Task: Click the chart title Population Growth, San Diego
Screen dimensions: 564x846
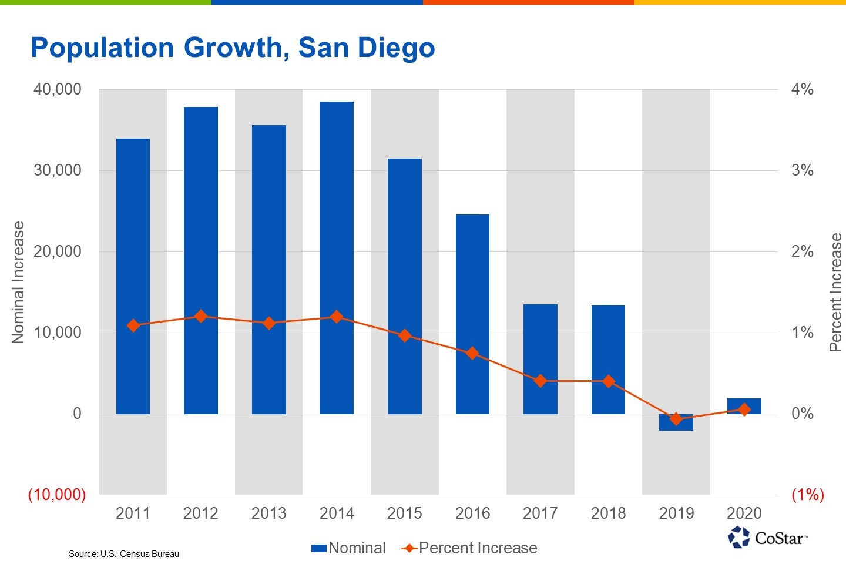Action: point(233,48)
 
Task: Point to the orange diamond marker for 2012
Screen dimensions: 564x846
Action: point(201,316)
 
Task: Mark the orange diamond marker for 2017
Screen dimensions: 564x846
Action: point(540,381)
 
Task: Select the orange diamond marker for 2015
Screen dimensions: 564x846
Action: point(405,335)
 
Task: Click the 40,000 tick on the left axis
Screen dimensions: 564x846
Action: point(58,89)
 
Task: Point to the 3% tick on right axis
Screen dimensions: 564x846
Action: point(802,170)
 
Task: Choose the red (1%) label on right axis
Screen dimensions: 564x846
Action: point(807,495)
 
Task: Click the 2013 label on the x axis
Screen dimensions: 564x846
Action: point(268,513)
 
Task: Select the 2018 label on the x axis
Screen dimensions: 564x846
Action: point(608,513)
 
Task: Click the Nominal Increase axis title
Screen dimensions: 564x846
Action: point(18,282)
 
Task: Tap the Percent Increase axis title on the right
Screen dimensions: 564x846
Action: point(835,292)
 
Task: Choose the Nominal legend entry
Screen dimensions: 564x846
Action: point(349,548)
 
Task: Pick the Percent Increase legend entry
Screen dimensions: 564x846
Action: point(470,548)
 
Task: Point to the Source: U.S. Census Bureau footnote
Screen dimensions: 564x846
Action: point(124,554)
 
